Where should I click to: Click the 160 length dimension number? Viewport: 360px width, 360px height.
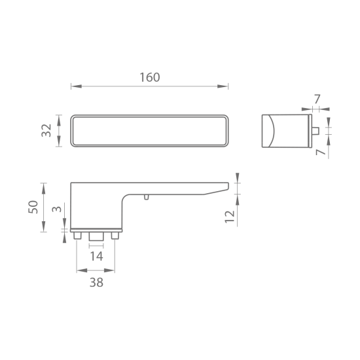[x=150, y=78]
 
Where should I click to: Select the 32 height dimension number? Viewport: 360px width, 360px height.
[x=46, y=130]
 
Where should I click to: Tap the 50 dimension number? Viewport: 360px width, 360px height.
[x=33, y=207]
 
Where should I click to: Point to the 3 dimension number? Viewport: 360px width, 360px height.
[x=57, y=209]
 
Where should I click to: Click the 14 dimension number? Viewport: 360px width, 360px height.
[x=96, y=257]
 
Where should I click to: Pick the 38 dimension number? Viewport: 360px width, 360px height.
[x=96, y=283]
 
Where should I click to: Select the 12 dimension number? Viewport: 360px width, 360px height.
[x=230, y=217]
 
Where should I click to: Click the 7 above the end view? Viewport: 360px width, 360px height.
[x=317, y=99]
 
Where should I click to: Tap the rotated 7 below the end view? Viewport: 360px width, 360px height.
[x=321, y=152]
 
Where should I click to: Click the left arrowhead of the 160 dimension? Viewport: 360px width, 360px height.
[x=77, y=86]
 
